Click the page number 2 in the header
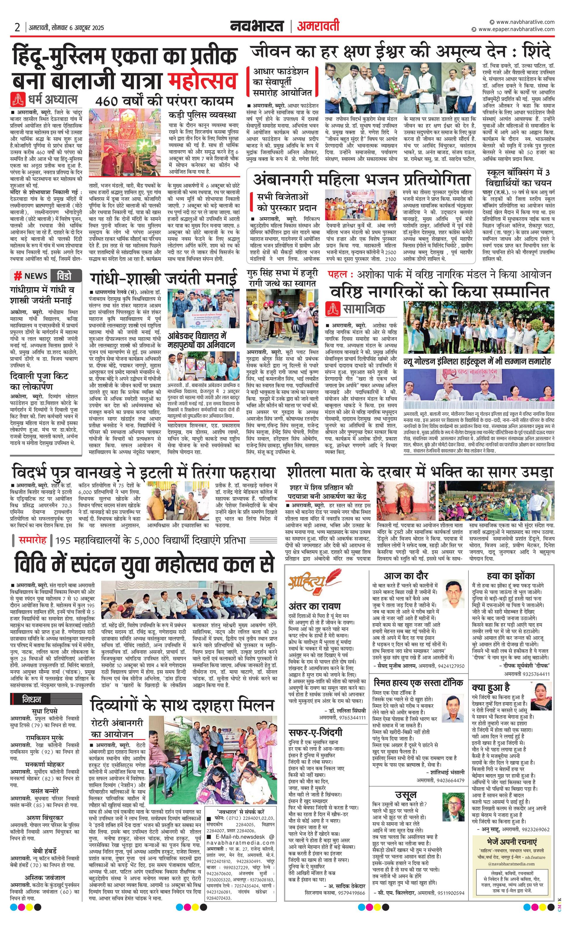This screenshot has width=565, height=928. (17, 27)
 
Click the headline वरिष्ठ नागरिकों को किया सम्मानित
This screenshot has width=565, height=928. (440, 292)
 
